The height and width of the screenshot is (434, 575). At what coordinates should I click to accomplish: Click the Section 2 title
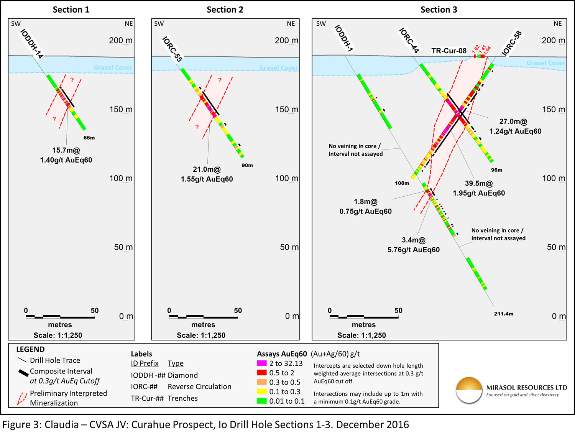225,10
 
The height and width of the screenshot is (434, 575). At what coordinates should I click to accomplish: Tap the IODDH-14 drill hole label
32,44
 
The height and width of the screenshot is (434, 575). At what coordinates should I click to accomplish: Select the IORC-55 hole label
172,49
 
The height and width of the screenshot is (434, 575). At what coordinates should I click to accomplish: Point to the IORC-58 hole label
512,43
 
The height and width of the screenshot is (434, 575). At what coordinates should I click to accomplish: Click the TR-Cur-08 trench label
449,51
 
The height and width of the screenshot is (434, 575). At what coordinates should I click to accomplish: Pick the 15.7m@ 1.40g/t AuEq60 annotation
66,155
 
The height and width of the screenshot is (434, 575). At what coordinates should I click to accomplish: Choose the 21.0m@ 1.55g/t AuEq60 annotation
207,174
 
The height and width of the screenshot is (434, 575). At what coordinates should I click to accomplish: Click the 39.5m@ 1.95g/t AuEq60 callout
479,188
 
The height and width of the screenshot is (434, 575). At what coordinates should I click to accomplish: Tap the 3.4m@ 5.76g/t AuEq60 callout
413,245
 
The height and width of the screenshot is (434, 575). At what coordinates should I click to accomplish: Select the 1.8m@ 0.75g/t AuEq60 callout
365,206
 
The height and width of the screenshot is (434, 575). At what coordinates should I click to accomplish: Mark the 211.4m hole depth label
503,314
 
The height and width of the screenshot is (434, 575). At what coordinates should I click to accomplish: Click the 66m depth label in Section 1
89,138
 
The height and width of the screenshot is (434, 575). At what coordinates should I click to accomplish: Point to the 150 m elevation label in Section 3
554,110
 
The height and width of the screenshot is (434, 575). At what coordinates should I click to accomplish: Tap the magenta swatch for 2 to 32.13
262,363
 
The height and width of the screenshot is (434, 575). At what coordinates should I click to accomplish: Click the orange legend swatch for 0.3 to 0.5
262,382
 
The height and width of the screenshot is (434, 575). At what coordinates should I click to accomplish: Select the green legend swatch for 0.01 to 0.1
262,401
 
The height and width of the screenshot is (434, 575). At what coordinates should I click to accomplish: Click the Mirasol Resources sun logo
469,390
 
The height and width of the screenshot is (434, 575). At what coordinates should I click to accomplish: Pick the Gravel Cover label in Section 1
113,67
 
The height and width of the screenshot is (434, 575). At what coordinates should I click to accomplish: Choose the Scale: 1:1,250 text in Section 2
201,335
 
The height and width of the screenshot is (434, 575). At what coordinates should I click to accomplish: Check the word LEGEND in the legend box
30,349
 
